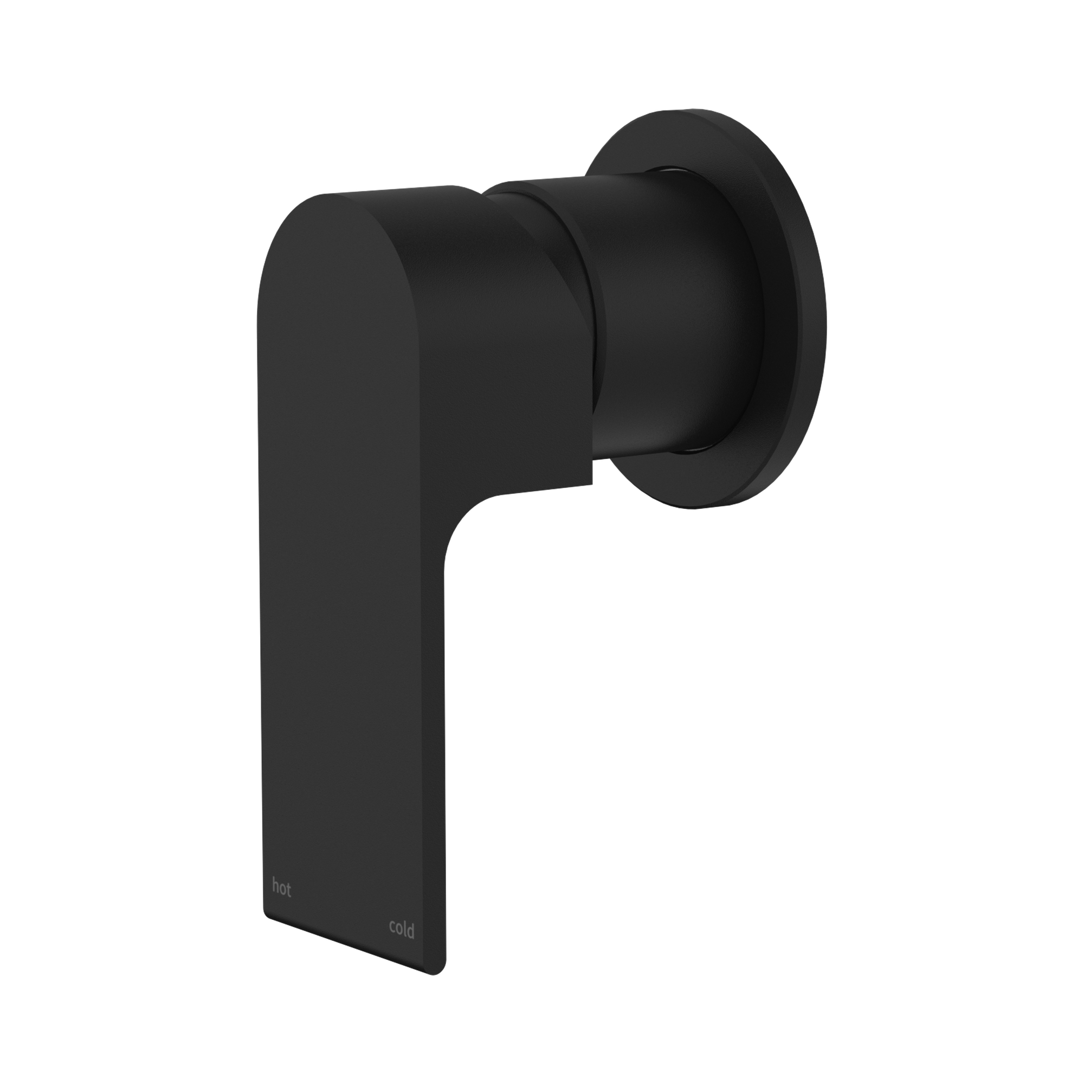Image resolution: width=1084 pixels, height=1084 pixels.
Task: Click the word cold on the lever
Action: tap(402, 930)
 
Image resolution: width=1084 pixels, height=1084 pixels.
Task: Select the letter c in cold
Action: tap(392, 931)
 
